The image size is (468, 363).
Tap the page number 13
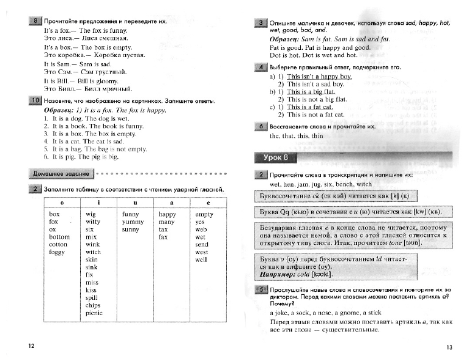449,347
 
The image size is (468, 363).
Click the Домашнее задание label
61,174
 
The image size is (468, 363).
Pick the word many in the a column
167,222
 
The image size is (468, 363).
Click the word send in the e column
201,244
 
